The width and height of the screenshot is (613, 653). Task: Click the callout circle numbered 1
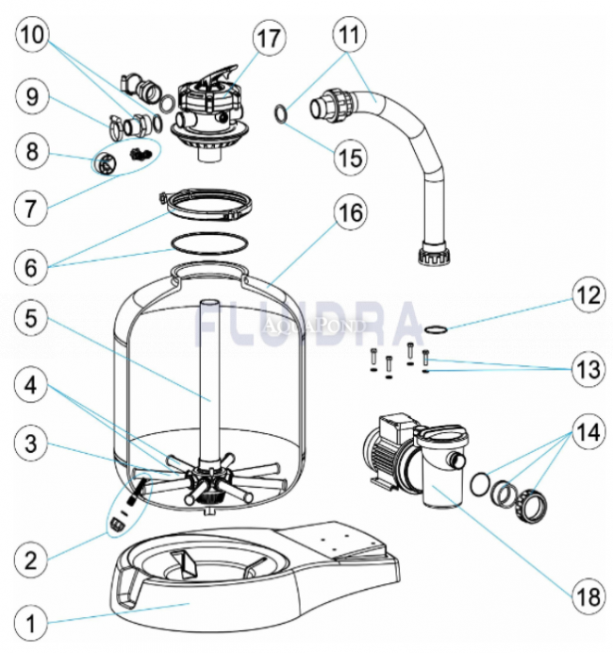(32, 624)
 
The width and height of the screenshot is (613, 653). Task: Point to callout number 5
(32, 319)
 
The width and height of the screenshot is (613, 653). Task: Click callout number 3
(32, 441)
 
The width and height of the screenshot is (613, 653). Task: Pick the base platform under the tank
(255, 576)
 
